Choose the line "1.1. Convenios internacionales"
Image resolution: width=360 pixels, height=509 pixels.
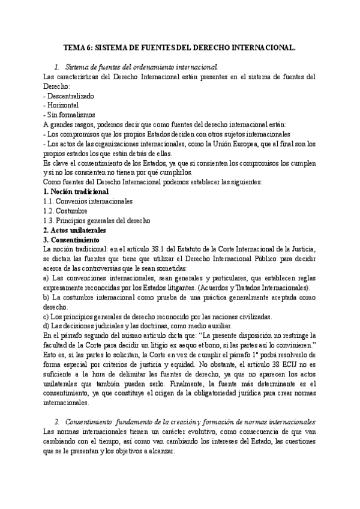pyautogui.click(x=88, y=201)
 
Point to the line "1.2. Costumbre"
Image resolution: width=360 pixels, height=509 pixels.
pyautogui.click(x=66, y=211)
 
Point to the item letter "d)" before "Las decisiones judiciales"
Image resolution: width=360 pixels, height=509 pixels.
pyautogui.click(x=48, y=326)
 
